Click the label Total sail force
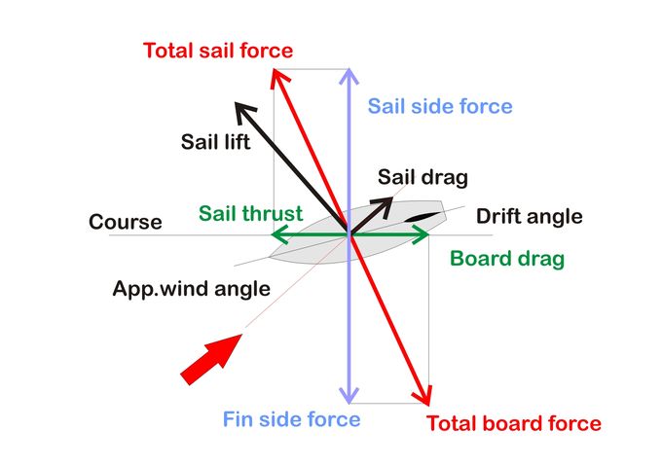217,50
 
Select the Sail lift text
215,142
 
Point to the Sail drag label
423,177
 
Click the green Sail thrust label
250,213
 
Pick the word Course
125,222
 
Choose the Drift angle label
529,216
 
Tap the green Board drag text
506,260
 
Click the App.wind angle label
191,289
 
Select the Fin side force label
292,420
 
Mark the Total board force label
514,424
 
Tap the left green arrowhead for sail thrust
277,234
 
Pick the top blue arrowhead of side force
348,77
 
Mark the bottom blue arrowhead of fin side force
348,394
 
